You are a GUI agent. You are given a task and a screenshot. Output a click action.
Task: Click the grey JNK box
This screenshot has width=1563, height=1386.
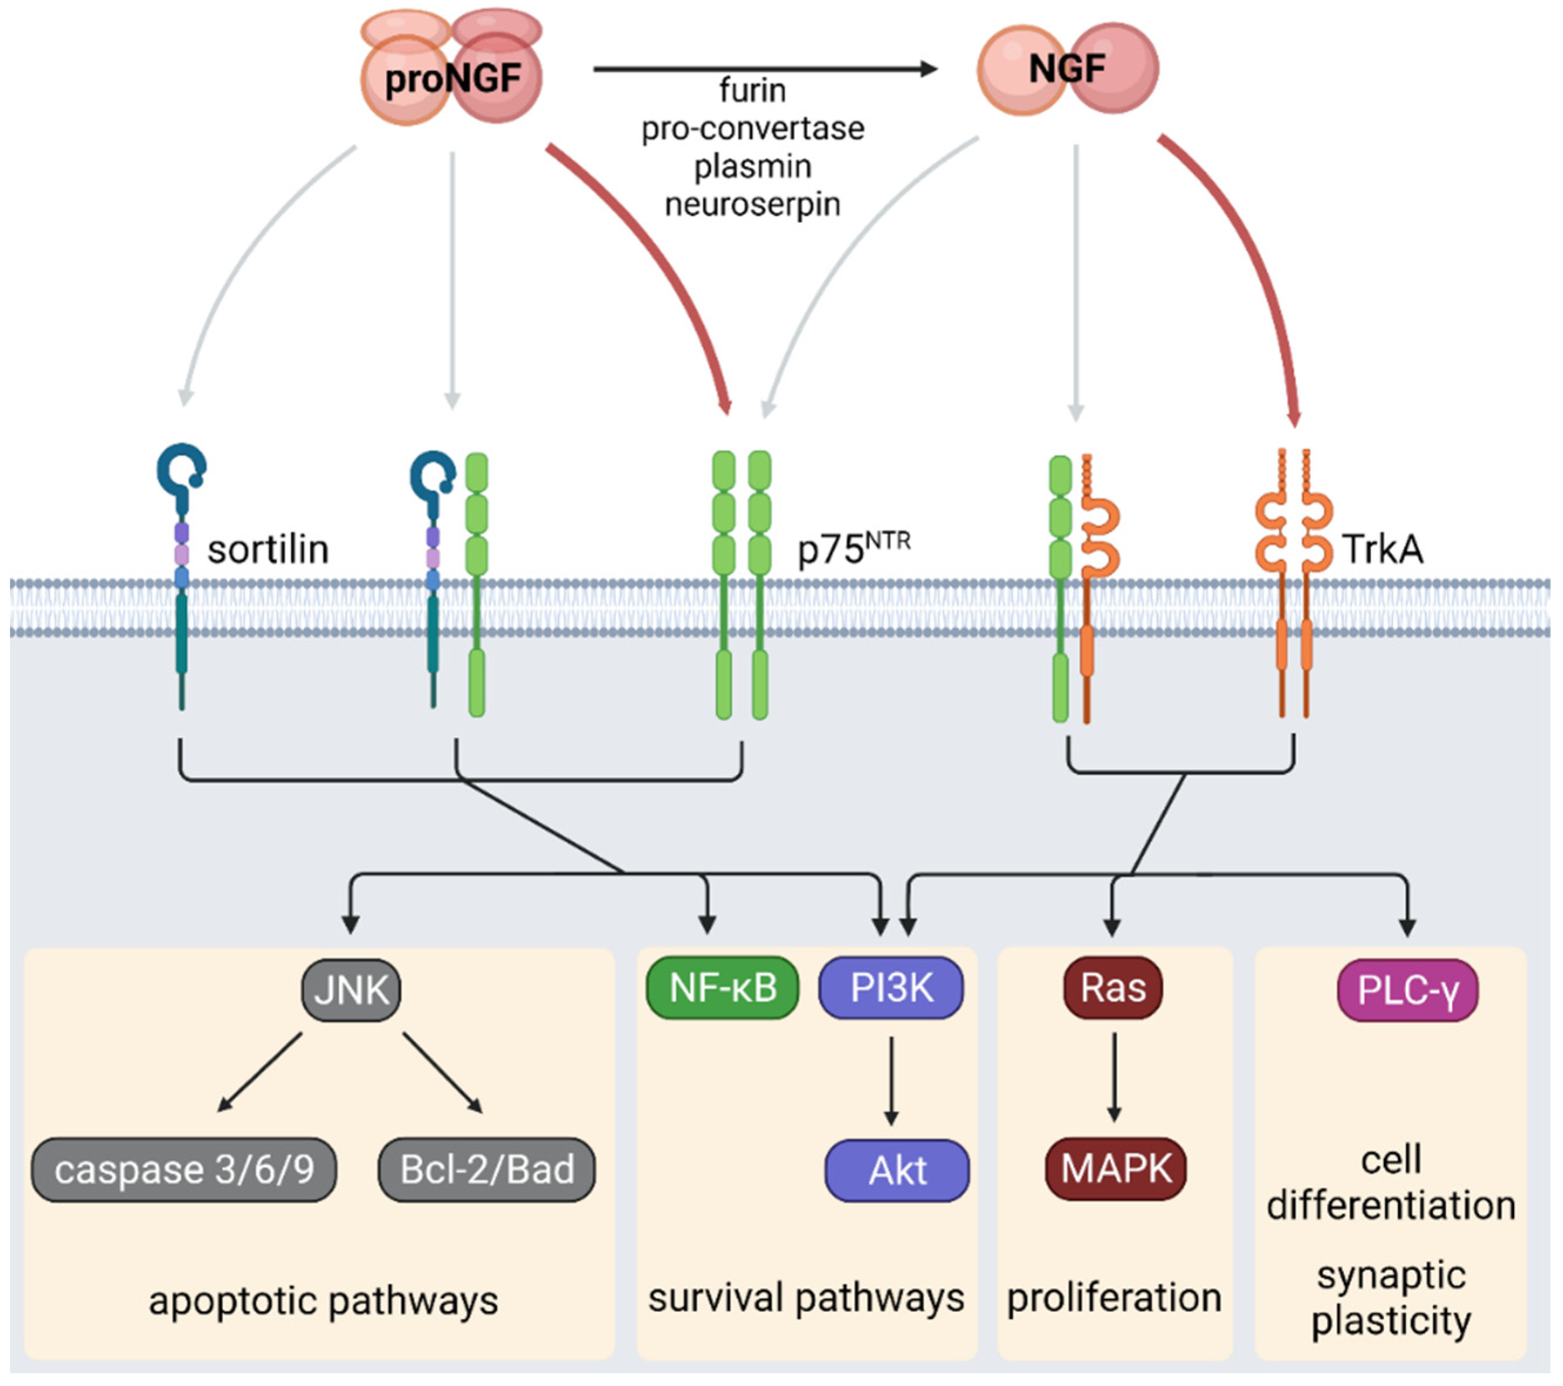click(x=351, y=990)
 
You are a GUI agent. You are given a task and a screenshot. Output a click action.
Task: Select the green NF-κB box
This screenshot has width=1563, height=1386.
click(x=722, y=987)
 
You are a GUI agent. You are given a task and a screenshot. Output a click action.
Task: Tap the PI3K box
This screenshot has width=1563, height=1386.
click(x=892, y=987)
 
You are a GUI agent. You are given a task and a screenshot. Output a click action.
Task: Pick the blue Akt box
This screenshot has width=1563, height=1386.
click(x=897, y=1170)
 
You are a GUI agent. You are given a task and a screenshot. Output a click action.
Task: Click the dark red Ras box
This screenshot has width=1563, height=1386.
click(x=1113, y=987)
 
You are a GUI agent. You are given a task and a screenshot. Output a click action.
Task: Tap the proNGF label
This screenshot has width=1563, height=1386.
click(x=453, y=79)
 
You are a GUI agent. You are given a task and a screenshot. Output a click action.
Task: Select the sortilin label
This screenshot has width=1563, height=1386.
click(x=267, y=549)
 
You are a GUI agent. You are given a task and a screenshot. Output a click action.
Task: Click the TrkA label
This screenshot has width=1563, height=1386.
click(x=1383, y=549)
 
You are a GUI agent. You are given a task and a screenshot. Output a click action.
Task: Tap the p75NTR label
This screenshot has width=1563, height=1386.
click(x=854, y=549)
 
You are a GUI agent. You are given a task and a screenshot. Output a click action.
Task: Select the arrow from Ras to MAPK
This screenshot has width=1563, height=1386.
click(x=1113, y=1077)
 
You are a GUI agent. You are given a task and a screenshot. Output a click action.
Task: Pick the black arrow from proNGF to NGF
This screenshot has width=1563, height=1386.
click(x=765, y=69)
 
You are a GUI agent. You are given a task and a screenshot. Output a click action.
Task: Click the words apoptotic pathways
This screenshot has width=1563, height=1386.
click(x=323, y=1300)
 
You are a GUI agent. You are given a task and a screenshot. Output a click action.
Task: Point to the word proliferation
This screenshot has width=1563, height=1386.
click(x=1114, y=1298)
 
